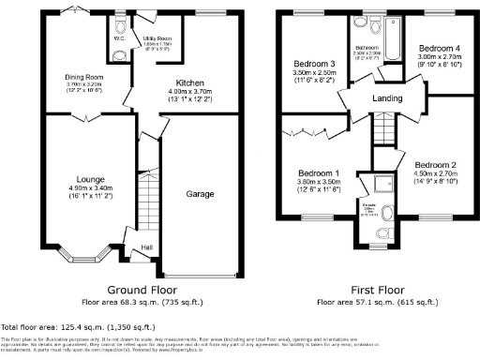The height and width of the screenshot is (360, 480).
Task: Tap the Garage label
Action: coord(200,195)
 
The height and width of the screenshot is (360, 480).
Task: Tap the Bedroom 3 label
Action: coord(308,64)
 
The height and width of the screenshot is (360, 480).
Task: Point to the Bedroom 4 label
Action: coord(438,48)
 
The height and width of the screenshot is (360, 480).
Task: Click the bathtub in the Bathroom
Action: coord(391,33)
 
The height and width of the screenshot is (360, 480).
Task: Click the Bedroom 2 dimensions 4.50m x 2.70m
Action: coord(434,172)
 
